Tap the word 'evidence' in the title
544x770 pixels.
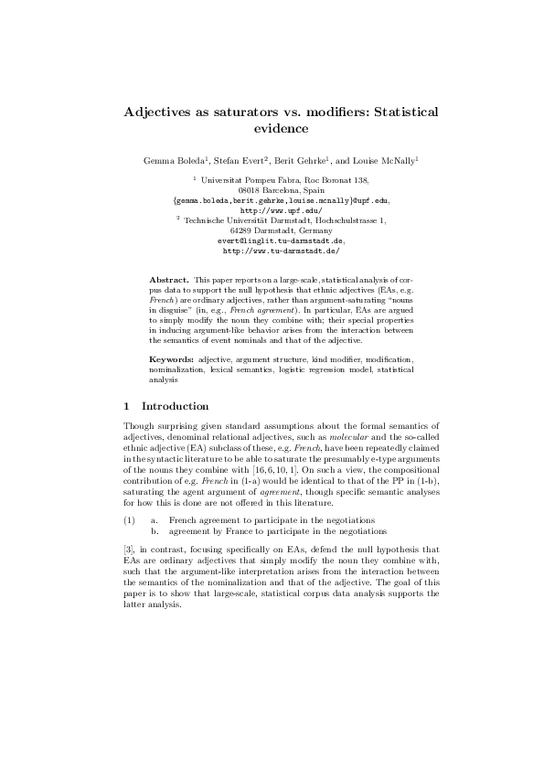(272, 129)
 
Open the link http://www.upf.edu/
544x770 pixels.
(272, 209)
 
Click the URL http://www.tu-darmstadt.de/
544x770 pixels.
(272, 250)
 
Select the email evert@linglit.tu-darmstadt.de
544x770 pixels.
(272, 240)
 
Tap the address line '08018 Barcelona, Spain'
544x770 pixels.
(272, 189)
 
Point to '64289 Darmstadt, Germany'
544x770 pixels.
(272, 230)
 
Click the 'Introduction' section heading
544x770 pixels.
(172, 406)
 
